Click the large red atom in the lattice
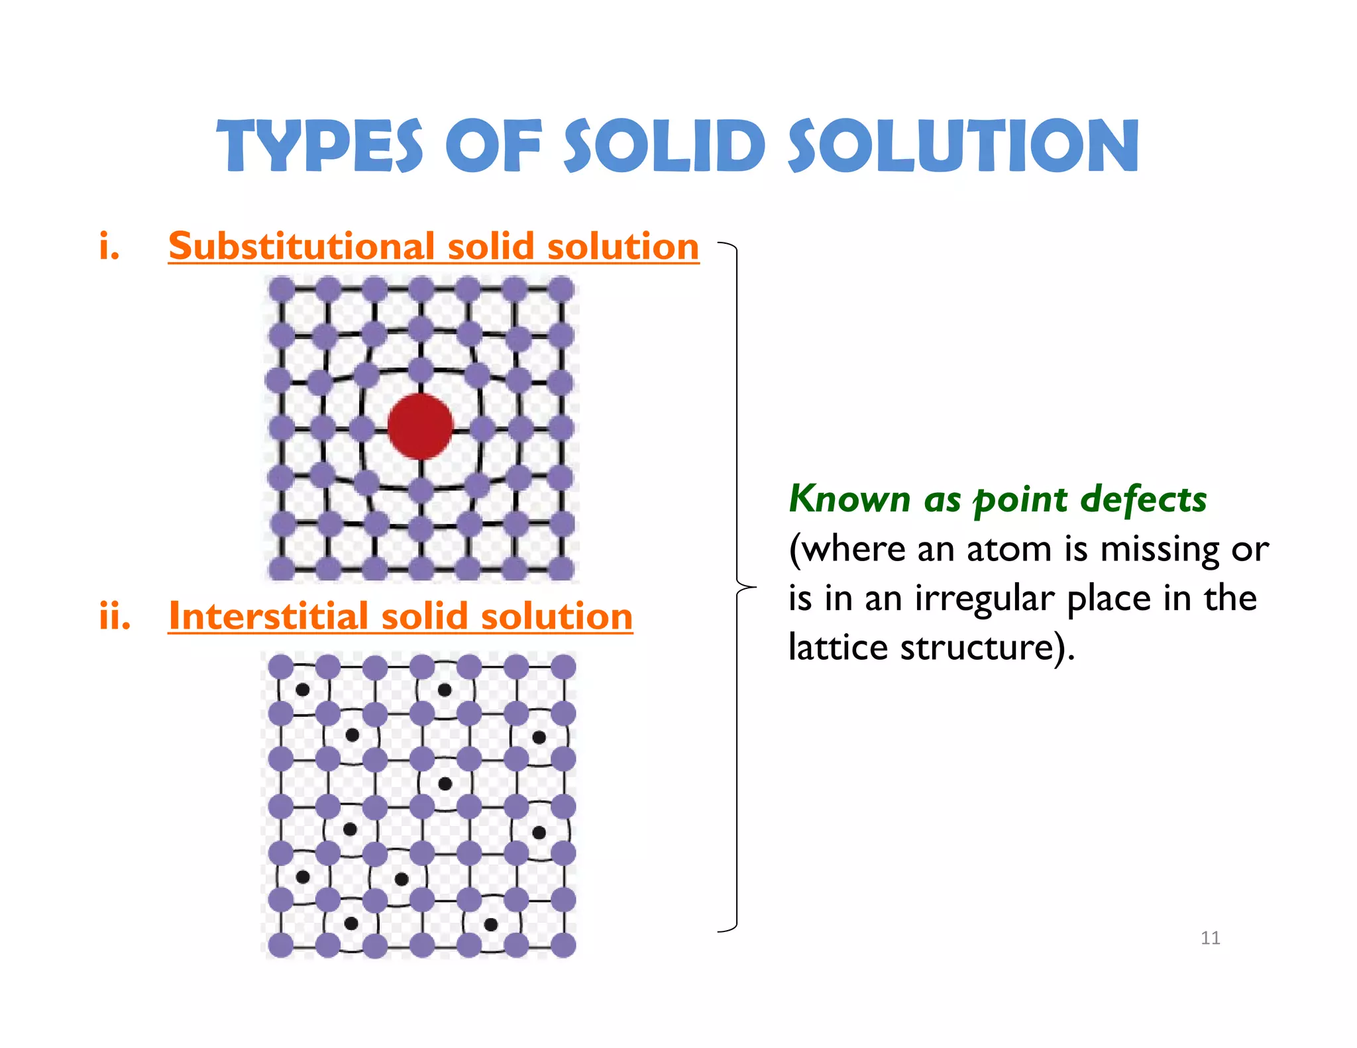[420, 426]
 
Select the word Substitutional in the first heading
[301, 246]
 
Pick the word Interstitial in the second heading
[268, 616]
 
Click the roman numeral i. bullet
[109, 246]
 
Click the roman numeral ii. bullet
[115, 616]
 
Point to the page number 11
[1210, 937]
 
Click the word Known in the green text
[849, 499]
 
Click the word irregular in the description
[985, 598]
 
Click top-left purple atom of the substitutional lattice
[282, 289]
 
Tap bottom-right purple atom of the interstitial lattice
[563, 945]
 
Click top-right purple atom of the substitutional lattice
[561, 289]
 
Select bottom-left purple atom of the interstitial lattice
[281, 945]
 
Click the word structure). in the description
[987, 647]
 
